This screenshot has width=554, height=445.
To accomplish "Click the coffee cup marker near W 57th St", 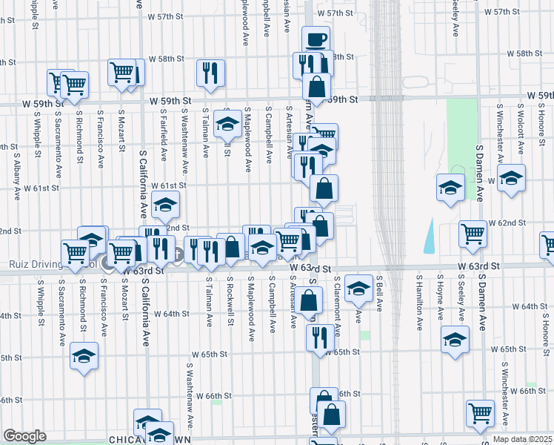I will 316,38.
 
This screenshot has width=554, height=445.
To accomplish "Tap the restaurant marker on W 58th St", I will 210,73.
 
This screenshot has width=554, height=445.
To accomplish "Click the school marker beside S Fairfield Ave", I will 165,204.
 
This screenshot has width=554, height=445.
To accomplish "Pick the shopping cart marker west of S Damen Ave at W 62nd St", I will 473,233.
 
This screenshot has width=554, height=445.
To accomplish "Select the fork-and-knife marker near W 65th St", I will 319,337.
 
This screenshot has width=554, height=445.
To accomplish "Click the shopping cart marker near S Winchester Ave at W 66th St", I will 480,413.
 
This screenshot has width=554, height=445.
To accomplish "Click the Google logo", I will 24,436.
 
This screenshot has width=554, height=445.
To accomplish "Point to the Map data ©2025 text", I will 522,439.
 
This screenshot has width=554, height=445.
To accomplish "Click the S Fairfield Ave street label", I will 163,132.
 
